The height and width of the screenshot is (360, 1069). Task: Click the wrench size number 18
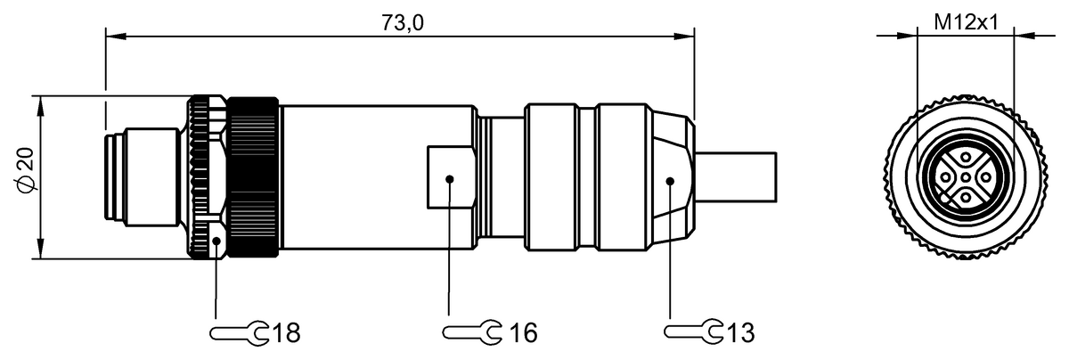click(x=285, y=333)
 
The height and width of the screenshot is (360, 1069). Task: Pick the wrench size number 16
click(x=523, y=333)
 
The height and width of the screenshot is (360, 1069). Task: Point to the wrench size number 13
click(x=739, y=333)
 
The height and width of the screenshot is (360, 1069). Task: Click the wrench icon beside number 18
click(x=239, y=333)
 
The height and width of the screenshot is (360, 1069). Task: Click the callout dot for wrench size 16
click(x=449, y=180)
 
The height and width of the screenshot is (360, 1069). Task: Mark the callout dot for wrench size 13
click(x=671, y=180)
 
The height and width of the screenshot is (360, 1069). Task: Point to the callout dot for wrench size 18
click(x=217, y=239)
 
